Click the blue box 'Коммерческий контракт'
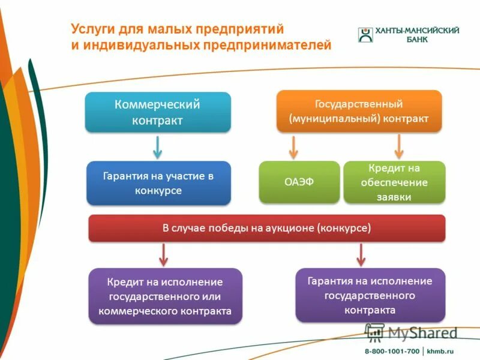coord(158,112)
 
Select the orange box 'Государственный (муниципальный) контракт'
coord(359,111)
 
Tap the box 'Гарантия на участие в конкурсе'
coord(158,183)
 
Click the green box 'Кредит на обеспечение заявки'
coord(394,182)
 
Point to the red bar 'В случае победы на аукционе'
coord(267,229)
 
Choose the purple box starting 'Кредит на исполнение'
coord(165,296)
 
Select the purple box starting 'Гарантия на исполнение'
coord(370,295)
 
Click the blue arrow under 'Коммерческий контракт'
coord(158,146)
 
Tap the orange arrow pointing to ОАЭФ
coord(293,146)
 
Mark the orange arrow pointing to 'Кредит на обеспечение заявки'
coord(399,146)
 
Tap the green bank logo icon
coord(365,34)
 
